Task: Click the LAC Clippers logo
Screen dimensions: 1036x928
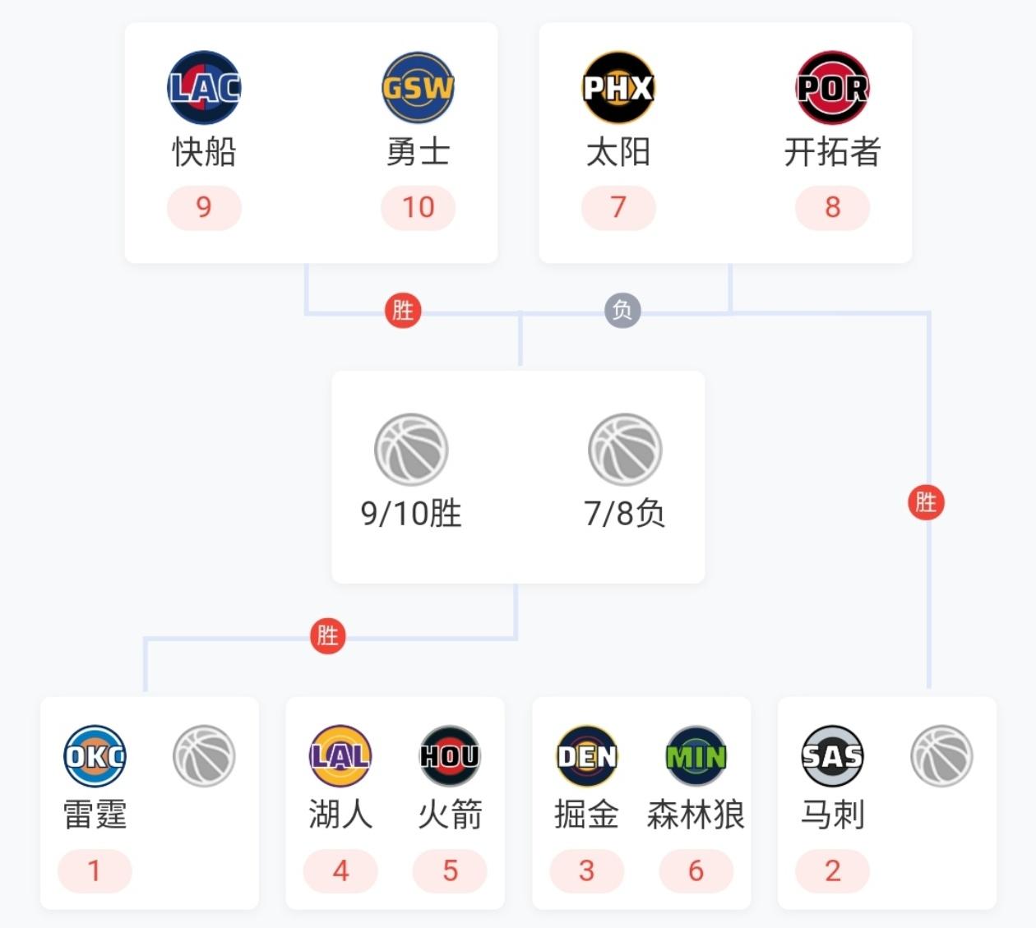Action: point(204,87)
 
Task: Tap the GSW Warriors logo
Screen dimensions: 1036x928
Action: point(418,87)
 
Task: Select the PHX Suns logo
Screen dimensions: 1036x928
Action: point(618,87)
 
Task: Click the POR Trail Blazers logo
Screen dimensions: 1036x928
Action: point(832,87)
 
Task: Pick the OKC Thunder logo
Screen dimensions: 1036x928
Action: point(95,756)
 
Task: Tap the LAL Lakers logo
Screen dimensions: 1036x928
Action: point(340,756)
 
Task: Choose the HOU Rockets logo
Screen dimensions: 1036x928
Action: point(450,756)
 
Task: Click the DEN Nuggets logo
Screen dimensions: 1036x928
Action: point(586,756)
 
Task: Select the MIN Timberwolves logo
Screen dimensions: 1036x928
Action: point(696,756)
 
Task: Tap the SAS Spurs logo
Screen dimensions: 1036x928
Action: point(832,756)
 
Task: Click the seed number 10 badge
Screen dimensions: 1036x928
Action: point(418,207)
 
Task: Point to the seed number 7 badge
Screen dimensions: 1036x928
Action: point(618,207)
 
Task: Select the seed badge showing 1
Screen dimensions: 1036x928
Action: point(95,870)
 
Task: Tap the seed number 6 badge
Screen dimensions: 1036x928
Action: point(696,870)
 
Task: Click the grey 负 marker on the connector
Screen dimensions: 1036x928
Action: point(622,310)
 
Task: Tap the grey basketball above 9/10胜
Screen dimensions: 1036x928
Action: point(411,450)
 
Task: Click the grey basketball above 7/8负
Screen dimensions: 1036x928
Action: point(625,450)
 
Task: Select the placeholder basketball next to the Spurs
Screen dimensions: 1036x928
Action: point(941,756)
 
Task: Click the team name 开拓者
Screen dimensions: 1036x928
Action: point(832,152)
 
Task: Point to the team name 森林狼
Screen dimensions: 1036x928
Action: point(696,815)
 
